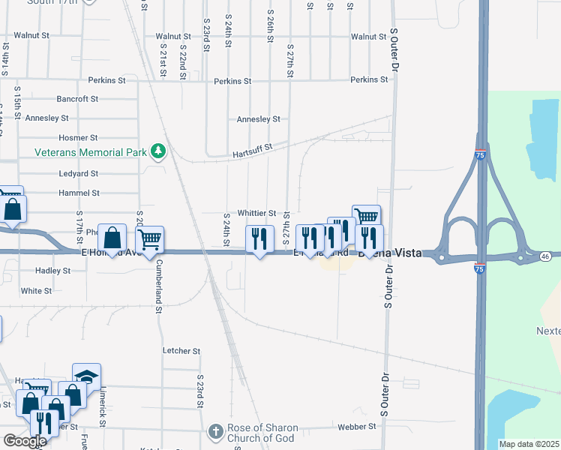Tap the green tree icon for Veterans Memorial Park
(157, 152)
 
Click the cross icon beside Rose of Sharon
(215, 432)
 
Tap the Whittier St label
(257, 213)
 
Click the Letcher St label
(181, 350)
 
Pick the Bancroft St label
(78, 98)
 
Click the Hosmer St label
(78, 138)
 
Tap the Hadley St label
(52, 270)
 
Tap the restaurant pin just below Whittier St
(259, 239)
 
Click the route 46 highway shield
(546, 256)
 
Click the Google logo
(25, 441)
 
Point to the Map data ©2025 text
(528, 444)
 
